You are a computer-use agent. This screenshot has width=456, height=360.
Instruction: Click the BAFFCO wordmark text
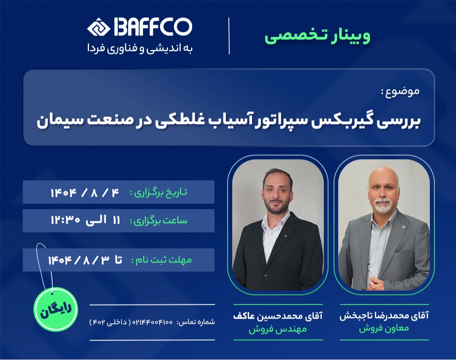click(x=152, y=27)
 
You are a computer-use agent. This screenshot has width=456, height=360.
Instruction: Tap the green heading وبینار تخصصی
click(x=317, y=36)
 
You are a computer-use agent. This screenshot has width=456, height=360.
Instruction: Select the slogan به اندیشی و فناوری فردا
click(x=140, y=48)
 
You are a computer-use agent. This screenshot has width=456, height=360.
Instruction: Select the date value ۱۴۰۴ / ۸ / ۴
click(x=85, y=192)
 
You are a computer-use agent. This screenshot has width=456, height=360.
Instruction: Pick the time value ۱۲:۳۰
click(x=65, y=220)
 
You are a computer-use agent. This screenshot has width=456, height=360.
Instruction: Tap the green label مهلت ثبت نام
click(x=161, y=260)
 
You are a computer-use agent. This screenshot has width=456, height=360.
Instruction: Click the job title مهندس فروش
click(x=277, y=330)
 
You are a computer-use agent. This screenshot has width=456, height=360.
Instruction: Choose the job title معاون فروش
click(x=384, y=329)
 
